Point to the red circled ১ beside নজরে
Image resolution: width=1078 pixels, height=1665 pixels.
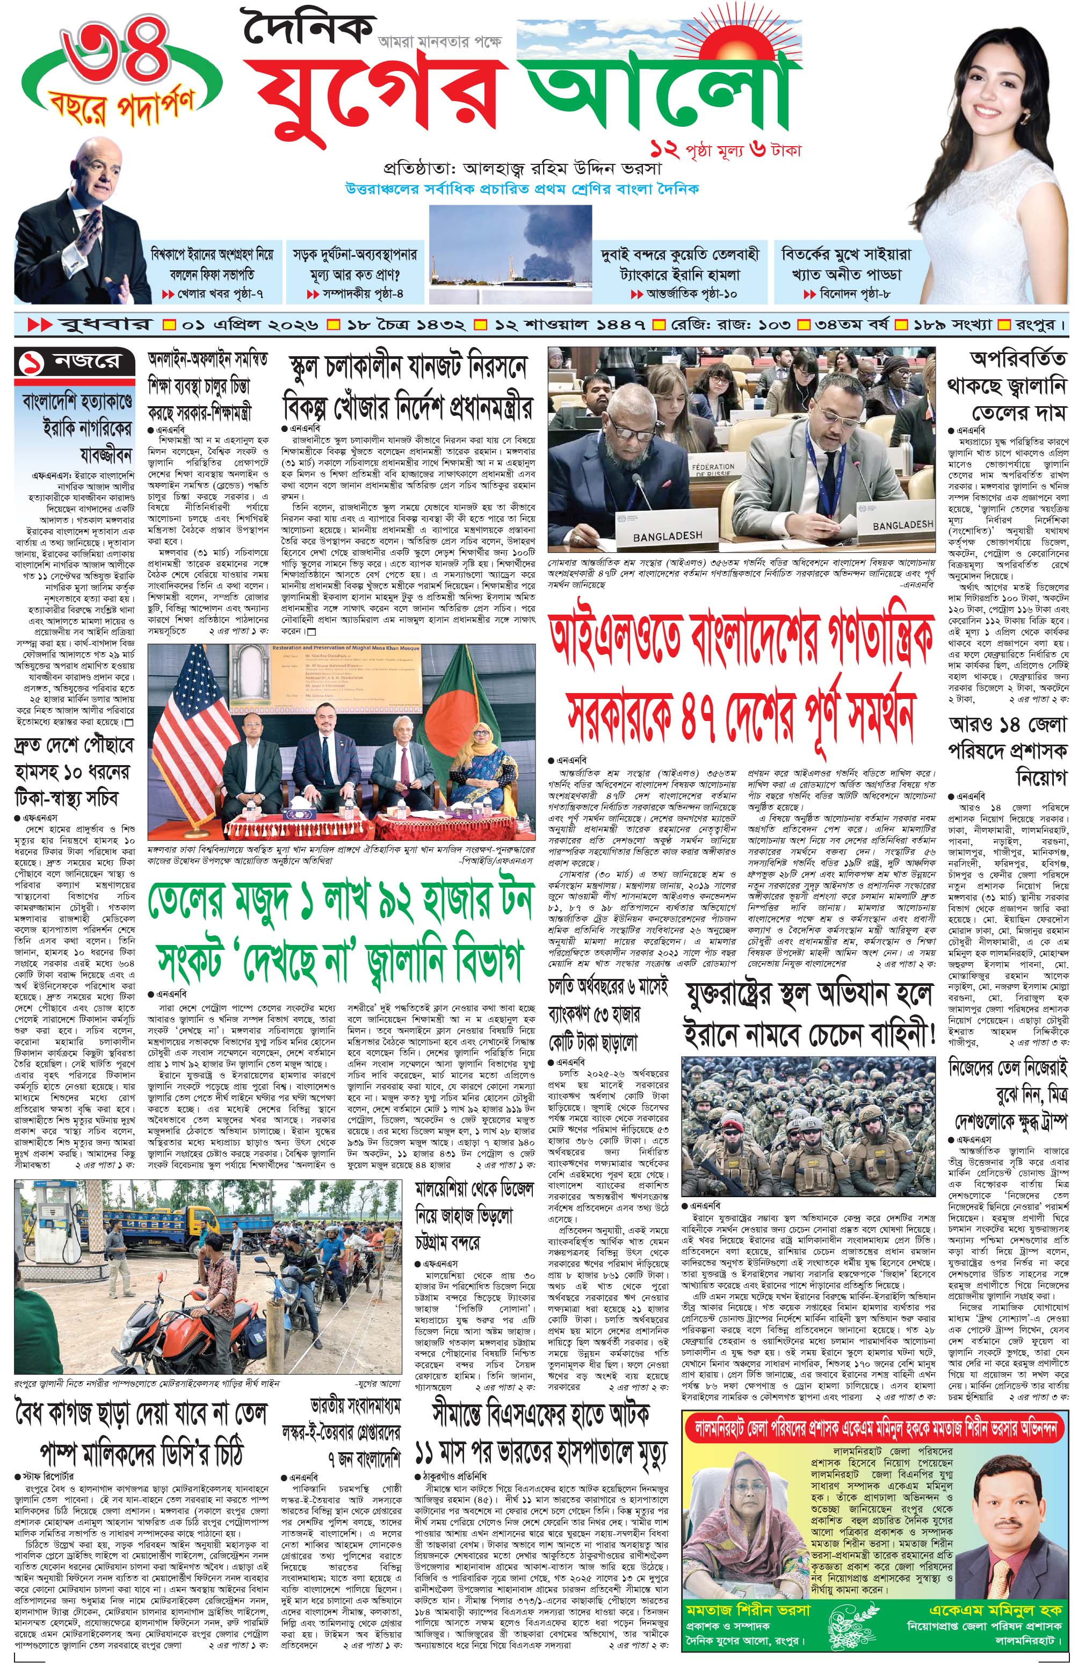[35, 362]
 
